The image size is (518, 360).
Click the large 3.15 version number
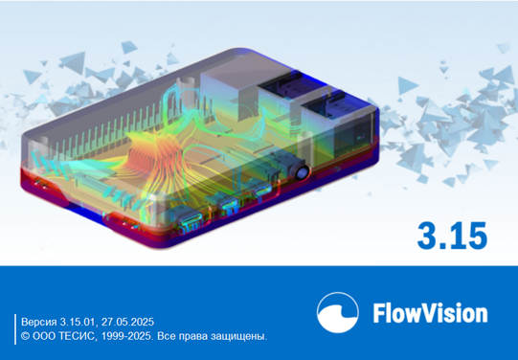[452, 236]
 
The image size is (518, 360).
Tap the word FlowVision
[430, 312]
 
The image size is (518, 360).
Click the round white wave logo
[338, 312]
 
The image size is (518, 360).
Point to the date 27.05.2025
[127, 322]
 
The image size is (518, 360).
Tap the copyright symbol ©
[26, 336]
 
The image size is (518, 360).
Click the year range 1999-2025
[127, 336]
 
